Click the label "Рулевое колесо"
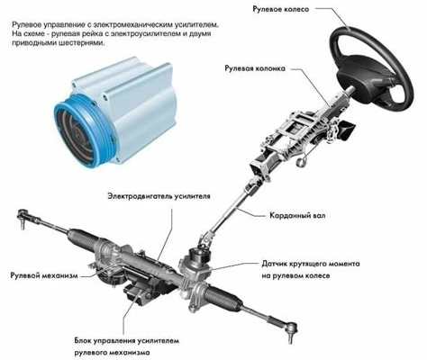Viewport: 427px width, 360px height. click(281, 9)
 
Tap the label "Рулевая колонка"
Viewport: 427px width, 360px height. click(255, 68)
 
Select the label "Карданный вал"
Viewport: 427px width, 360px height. click(297, 215)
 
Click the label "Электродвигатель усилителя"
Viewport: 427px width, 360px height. click(159, 196)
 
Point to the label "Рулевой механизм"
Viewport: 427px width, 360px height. click(44, 275)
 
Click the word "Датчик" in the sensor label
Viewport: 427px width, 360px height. click(275, 264)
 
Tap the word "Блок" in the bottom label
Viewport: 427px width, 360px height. click(83, 341)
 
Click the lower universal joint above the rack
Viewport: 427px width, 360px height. click(207, 238)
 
